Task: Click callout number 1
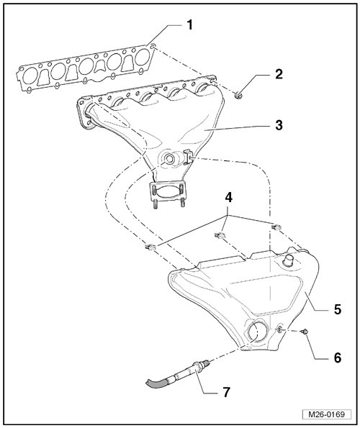point(190,25)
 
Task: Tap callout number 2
point(279,74)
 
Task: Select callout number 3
point(279,125)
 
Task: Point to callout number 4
point(229,197)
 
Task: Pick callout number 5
point(338,309)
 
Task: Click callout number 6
point(338,358)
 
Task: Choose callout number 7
point(226,392)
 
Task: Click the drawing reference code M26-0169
point(326,414)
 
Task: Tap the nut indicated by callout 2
point(238,96)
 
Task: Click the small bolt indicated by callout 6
point(304,332)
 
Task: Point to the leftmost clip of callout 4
point(150,247)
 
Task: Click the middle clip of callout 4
point(220,235)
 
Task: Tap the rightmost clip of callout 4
point(276,227)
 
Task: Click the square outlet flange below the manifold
point(167,192)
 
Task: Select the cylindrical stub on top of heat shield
point(288,260)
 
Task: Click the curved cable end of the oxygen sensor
point(156,383)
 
